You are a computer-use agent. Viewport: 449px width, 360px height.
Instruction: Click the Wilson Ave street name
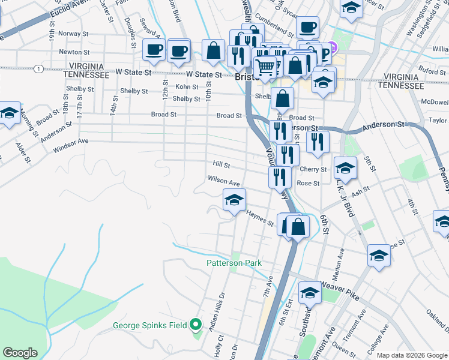[x=223, y=180]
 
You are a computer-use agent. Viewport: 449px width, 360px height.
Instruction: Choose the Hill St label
[x=221, y=164]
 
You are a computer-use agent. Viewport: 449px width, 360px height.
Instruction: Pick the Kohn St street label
[x=187, y=87]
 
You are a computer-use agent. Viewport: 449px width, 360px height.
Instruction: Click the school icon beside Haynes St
[x=234, y=200]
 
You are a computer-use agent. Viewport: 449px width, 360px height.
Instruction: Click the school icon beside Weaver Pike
[x=310, y=293]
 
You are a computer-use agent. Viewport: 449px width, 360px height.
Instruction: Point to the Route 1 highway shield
[x=38, y=70]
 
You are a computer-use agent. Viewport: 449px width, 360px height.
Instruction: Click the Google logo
[x=20, y=353]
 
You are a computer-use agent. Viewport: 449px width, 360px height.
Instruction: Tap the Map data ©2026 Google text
[x=411, y=355]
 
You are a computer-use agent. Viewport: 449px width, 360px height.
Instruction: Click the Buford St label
[x=432, y=71]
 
